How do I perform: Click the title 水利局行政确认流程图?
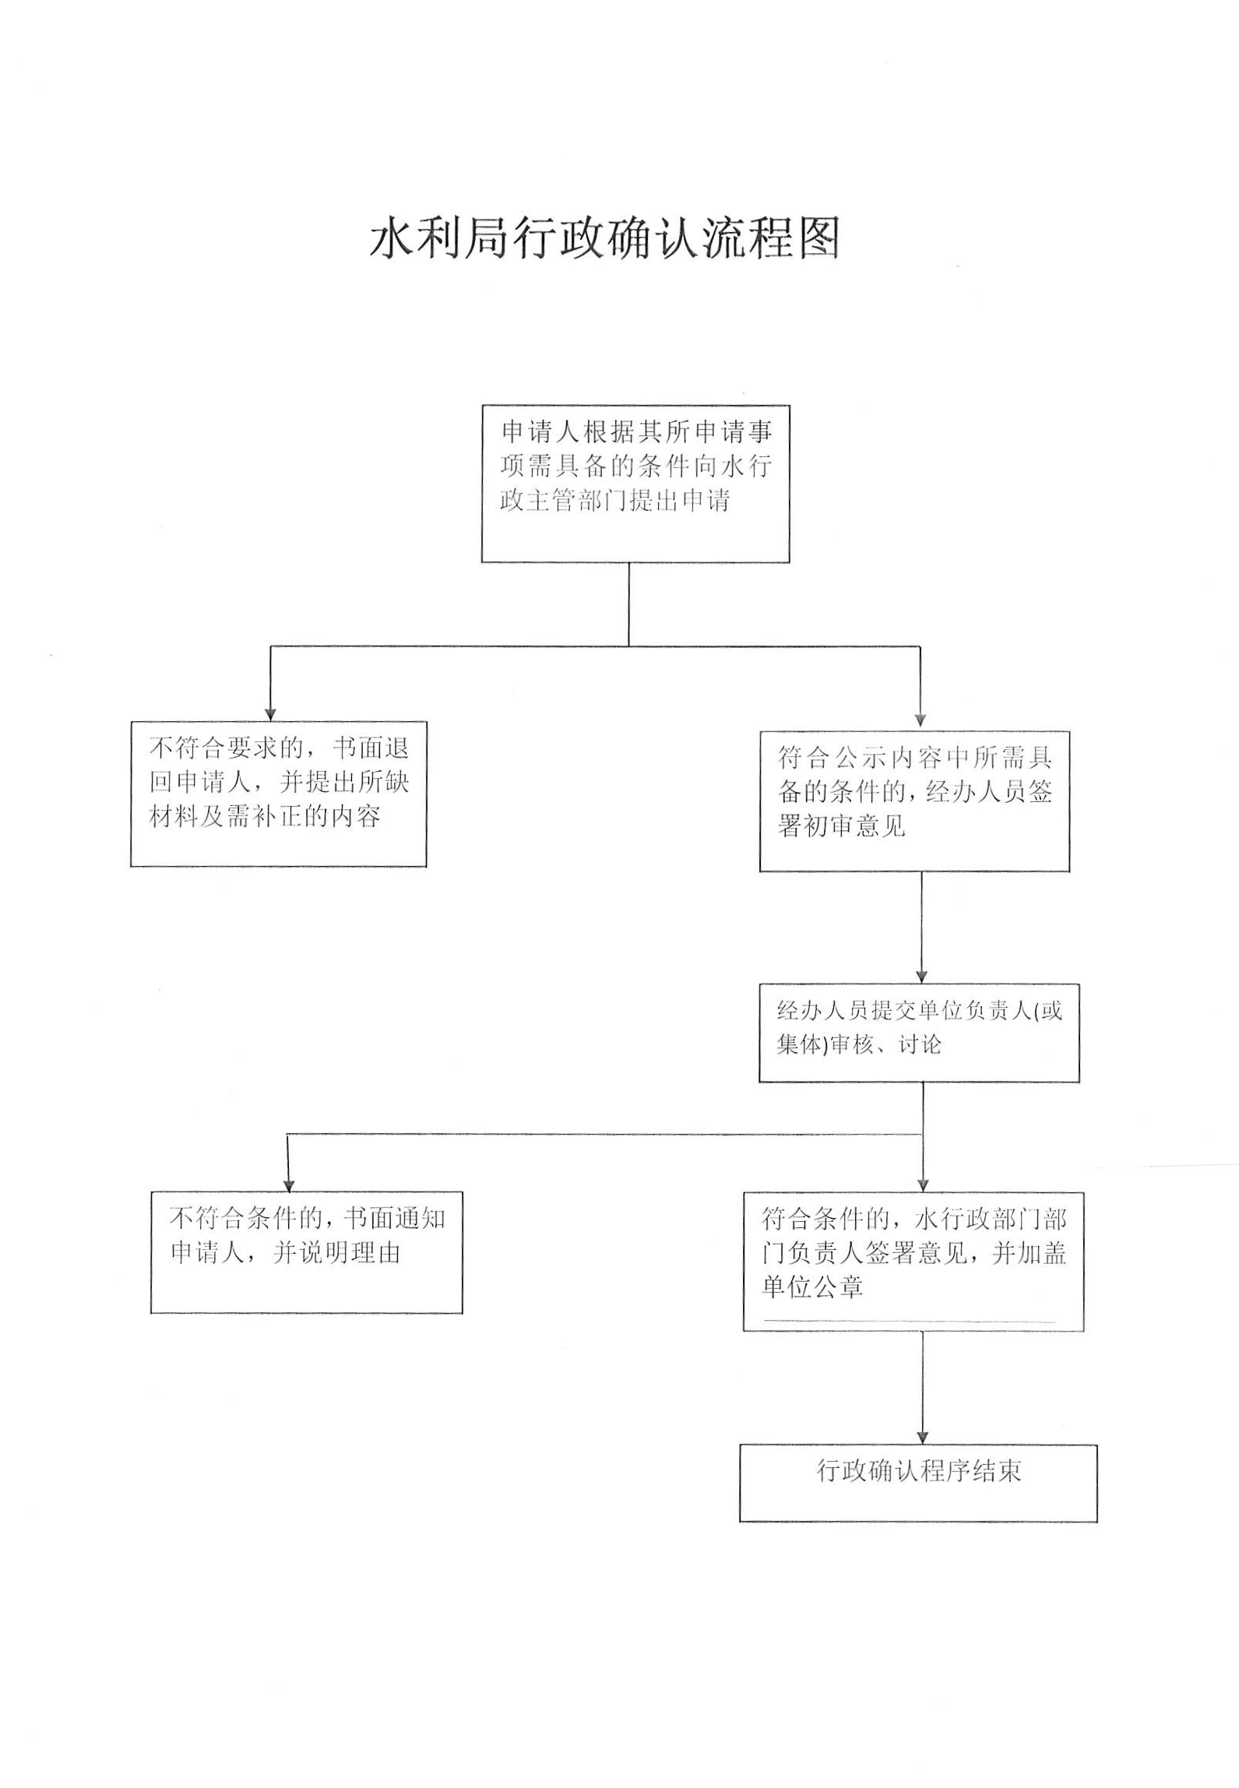pos(605,238)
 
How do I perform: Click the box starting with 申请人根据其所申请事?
pos(635,484)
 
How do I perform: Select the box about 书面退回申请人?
pos(279,794)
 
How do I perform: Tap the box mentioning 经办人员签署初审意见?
pos(914,801)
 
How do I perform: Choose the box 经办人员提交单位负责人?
pos(919,1033)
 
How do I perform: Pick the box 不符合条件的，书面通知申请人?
pos(307,1252)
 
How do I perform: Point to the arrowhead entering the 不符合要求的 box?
pos(271,714)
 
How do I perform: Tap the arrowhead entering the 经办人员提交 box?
pos(922,976)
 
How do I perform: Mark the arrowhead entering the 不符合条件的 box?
pos(289,1184)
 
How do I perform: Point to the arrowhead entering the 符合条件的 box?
pos(923,1184)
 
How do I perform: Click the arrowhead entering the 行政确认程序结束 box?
pos(924,1437)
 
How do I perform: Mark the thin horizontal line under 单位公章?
pos(910,1322)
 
